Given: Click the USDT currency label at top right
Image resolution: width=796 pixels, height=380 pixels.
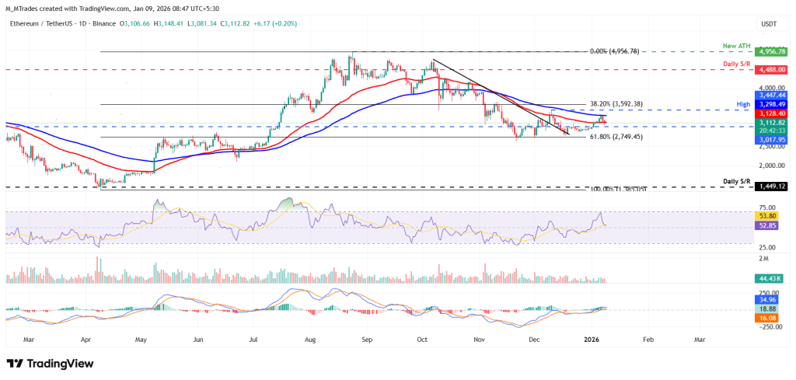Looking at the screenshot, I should (x=769, y=24).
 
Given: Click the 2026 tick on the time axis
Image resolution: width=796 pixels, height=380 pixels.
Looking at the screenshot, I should (x=592, y=340).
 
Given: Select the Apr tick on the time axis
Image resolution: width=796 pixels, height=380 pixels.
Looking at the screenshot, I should (x=86, y=340).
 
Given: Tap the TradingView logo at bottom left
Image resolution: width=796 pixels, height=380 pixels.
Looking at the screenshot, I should (x=50, y=364).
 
